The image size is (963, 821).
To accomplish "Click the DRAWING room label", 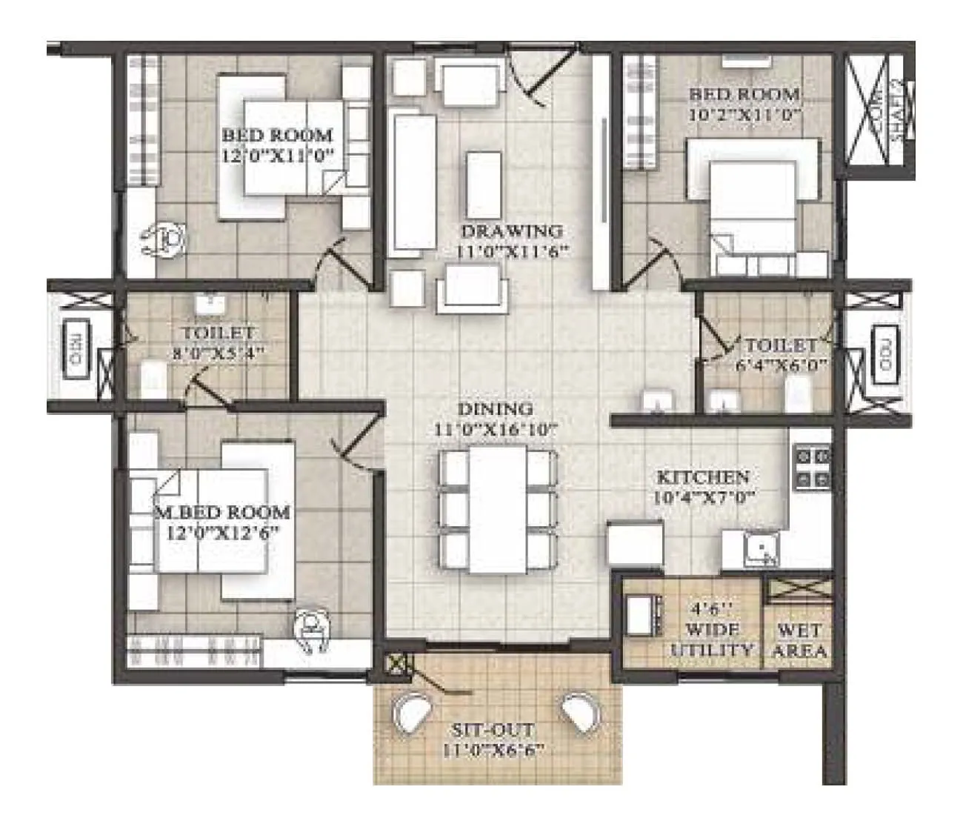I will (x=511, y=230).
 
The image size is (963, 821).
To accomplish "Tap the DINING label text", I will (x=495, y=408).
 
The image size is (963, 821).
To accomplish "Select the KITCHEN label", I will (x=703, y=476).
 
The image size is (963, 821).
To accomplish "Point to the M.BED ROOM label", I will (x=222, y=512).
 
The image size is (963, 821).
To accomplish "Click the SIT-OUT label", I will (x=495, y=730).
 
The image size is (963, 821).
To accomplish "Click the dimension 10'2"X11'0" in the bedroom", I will (x=744, y=114).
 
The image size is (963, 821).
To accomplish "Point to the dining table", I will (x=497, y=509).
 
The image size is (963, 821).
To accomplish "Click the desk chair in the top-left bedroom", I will (x=166, y=239).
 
